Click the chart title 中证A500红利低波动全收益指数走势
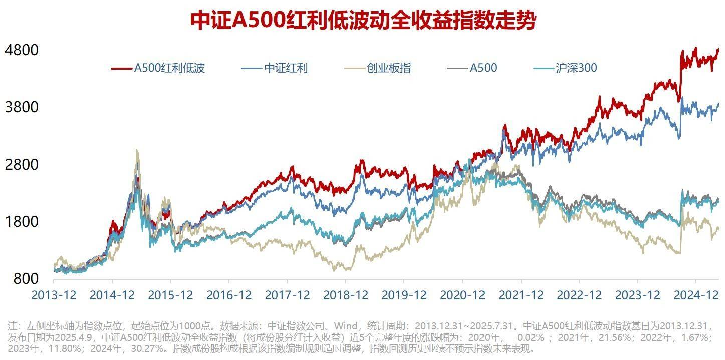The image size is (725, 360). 363,21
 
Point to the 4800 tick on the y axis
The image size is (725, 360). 21,50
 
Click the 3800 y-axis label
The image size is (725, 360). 21,107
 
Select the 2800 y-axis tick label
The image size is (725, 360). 21,164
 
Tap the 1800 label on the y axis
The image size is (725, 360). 21,221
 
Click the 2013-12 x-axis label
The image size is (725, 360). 54,295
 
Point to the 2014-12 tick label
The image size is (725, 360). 112,295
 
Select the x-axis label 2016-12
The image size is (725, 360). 229,295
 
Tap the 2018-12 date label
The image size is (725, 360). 346,295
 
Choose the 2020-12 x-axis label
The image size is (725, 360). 462,295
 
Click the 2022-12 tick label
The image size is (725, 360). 579,295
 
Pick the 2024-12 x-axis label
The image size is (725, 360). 696,295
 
